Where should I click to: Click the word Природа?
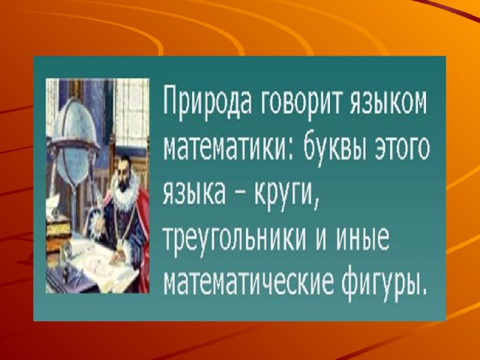(208, 101)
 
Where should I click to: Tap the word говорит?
(302, 101)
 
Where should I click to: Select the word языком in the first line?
(388, 100)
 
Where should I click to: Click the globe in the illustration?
(74, 138)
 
